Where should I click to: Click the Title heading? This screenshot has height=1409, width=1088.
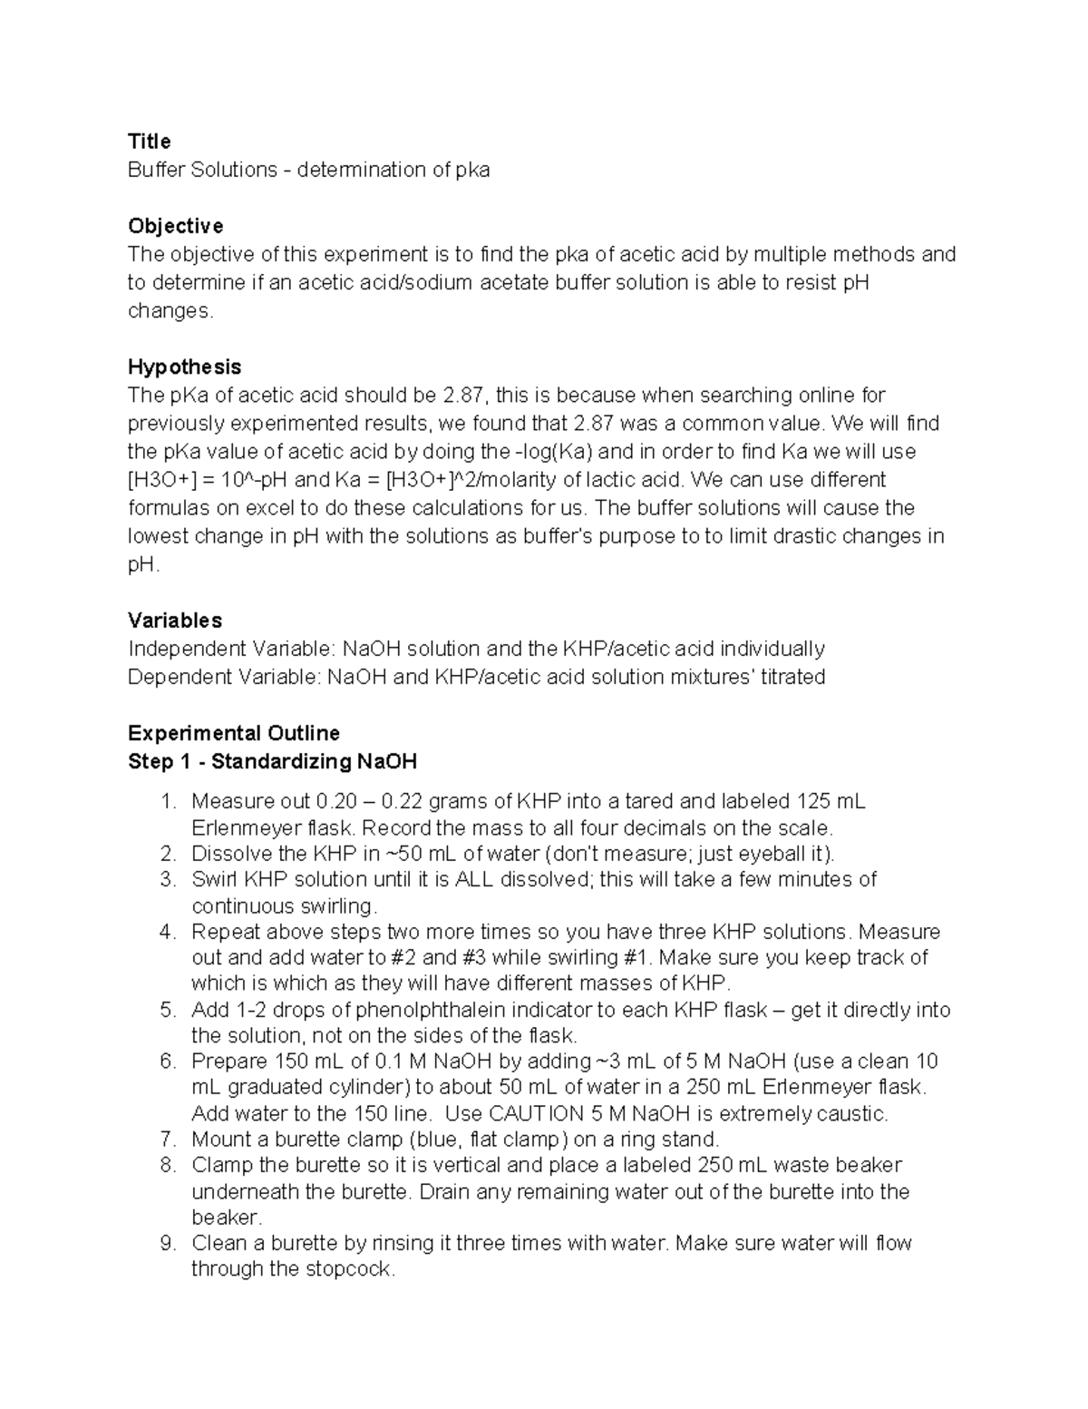click(149, 142)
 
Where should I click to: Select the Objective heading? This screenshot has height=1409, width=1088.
click(175, 226)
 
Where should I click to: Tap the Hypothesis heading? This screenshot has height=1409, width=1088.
click(184, 367)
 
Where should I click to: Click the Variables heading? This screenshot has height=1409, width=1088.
click(175, 621)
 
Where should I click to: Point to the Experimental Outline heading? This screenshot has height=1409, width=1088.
click(234, 733)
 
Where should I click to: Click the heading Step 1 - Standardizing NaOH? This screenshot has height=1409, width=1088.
click(272, 761)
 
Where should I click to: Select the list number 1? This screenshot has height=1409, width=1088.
click(165, 802)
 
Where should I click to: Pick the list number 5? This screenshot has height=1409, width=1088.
click(165, 1011)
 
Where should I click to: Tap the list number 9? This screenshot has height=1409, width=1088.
click(165, 1244)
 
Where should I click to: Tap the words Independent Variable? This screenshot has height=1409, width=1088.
click(232, 649)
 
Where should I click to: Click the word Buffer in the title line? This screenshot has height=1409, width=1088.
click(157, 170)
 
